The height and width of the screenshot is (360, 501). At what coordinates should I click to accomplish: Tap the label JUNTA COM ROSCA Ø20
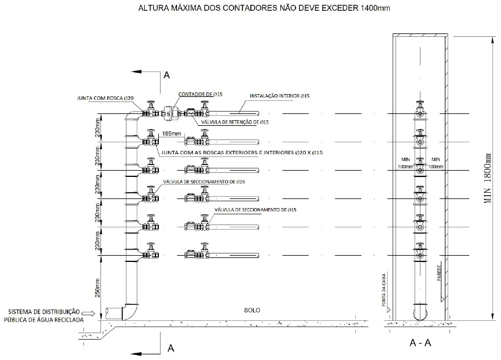click(x=105, y=98)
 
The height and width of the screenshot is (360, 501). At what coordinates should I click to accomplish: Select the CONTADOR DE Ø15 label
click(x=194, y=95)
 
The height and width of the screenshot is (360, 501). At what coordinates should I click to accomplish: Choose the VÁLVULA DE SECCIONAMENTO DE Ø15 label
click(x=255, y=210)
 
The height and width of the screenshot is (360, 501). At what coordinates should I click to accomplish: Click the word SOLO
click(x=251, y=310)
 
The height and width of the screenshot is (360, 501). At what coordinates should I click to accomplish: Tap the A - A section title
click(x=421, y=343)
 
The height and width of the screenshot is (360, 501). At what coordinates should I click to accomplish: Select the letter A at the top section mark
click(x=166, y=75)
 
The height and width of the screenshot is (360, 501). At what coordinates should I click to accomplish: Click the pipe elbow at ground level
click(x=129, y=311)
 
